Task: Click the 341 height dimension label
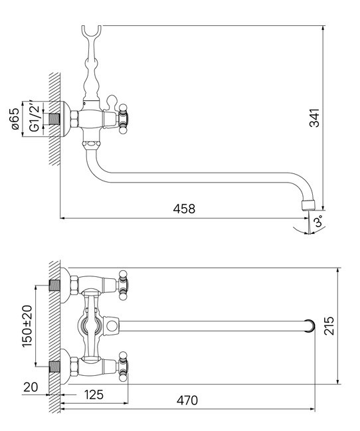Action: [315, 118]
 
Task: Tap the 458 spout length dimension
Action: [184, 209]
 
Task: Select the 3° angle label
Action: [319, 220]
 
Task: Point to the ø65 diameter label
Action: [15, 118]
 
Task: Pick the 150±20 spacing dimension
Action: [27, 326]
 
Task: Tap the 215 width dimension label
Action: [329, 325]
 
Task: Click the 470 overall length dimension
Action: [187, 400]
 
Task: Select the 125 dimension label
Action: [94, 394]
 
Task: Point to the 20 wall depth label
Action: [31, 387]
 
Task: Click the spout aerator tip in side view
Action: [309, 205]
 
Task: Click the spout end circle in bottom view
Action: [310, 325]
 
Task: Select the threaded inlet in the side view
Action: [54, 119]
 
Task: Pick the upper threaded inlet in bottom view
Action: [54, 286]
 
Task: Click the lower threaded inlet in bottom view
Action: [54, 367]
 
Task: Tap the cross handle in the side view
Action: [123, 119]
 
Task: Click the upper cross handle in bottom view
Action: [123, 285]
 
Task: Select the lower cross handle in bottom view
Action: [123, 366]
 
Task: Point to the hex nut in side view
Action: [74, 119]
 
